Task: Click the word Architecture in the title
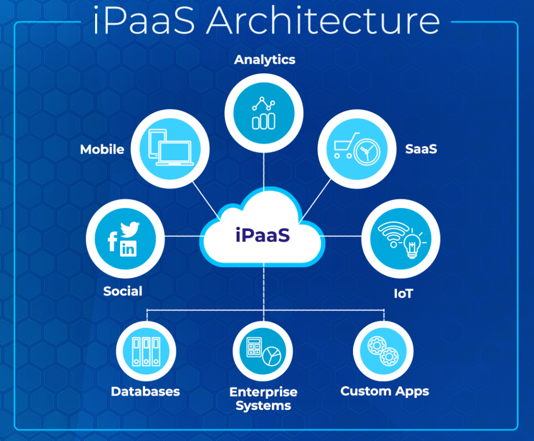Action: coord(323,21)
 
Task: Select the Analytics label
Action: coord(264,59)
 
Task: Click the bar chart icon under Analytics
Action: coord(264,114)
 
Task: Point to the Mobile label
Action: coord(102,149)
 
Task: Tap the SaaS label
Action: coord(421,149)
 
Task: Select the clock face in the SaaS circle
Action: coord(366,152)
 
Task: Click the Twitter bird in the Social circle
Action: coord(130,229)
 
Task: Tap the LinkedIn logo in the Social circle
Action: coord(128,248)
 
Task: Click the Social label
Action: coord(123,291)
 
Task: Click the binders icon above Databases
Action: coord(146,351)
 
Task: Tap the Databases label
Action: coord(145,391)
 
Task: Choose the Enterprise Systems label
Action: coord(263,399)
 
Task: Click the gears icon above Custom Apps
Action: coord(383,351)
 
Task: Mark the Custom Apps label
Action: coord(384,391)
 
